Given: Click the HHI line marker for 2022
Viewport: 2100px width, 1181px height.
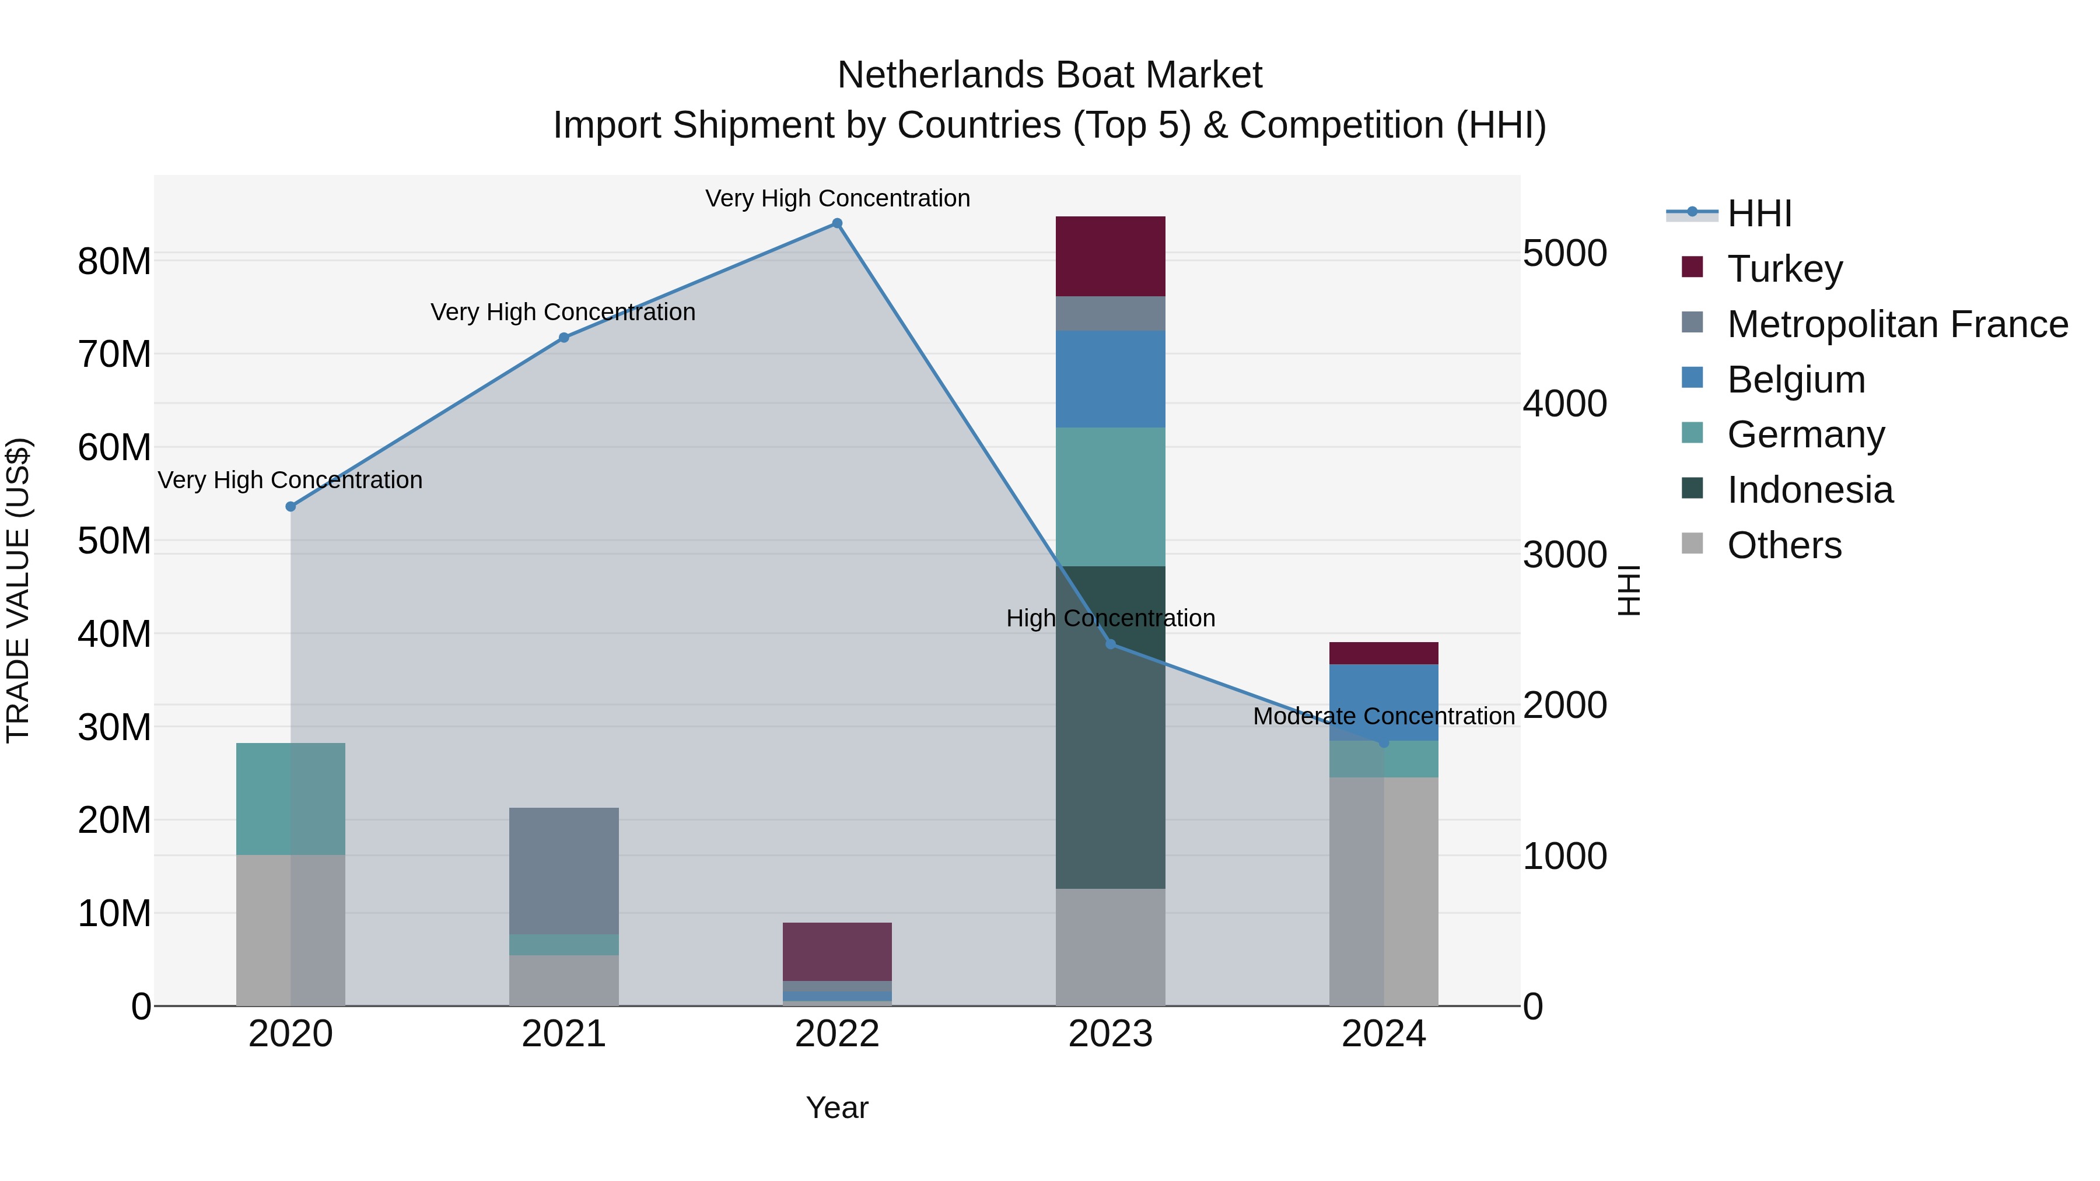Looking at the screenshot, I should click(x=837, y=223).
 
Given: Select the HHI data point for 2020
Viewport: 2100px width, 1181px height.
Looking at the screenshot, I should click(x=290, y=507).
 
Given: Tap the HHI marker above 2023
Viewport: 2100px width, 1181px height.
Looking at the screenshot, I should click(x=1110, y=644).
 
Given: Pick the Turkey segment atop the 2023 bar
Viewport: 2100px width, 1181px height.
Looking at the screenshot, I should click(x=1110, y=256).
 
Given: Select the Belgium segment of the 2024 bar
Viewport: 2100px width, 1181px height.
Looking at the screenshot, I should click(x=1384, y=702).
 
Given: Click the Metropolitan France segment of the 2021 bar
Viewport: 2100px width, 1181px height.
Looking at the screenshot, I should click(x=563, y=871).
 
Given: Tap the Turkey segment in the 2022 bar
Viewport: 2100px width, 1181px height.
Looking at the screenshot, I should click(x=837, y=951).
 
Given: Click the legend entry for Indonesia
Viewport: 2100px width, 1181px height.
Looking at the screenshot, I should click(x=1810, y=490).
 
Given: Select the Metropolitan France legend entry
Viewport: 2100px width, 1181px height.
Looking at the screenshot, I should click(x=1897, y=324).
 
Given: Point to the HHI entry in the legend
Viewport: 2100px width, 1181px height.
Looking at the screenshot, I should click(x=1759, y=213).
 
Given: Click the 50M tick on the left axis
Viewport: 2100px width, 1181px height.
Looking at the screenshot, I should click(x=114, y=541).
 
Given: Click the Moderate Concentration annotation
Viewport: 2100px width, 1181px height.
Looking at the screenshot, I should click(x=1384, y=716).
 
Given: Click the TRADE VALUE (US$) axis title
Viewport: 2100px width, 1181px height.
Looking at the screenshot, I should click(x=19, y=590).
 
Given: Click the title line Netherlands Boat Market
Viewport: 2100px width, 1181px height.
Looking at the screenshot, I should click(x=1049, y=75).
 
